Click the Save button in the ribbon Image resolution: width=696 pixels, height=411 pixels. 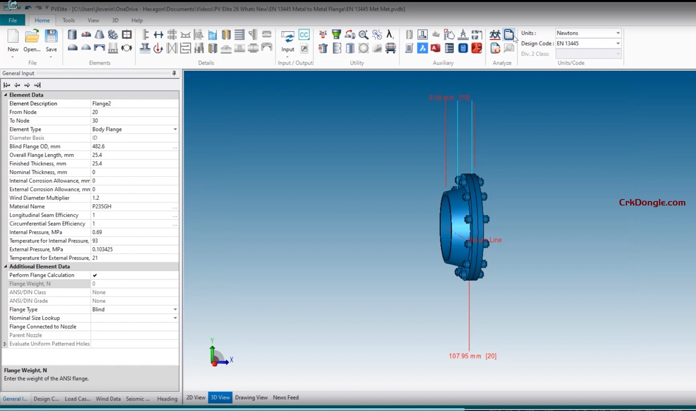51,41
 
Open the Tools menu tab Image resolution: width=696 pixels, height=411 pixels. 68,20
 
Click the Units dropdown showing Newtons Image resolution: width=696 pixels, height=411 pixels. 588,33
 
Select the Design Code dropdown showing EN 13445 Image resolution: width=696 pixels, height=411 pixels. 588,43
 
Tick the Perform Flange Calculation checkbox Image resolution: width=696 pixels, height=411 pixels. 95,275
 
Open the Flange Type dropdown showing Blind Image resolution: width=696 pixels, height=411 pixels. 175,309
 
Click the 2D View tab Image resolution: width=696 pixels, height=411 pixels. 195,397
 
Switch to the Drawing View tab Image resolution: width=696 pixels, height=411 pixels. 251,397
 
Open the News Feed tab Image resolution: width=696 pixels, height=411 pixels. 286,397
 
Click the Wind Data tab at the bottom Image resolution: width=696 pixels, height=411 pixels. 108,399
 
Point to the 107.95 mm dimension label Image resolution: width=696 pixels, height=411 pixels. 465,356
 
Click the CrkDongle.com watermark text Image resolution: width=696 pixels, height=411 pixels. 652,203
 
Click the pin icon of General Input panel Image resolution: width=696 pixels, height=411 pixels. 174,73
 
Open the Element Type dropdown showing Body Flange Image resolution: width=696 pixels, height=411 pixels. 175,129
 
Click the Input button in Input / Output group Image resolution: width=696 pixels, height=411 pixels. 288,41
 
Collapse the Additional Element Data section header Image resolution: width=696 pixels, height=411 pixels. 6,266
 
